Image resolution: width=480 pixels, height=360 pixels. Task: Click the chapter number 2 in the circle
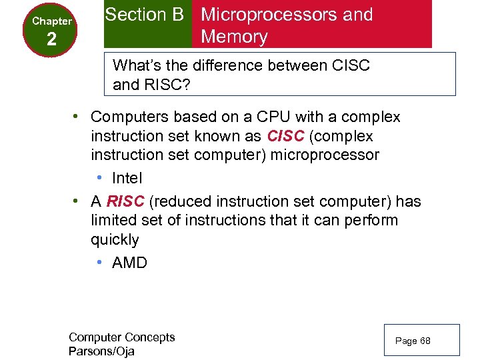tap(51, 41)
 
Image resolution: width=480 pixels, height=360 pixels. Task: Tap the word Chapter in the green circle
tap(52, 21)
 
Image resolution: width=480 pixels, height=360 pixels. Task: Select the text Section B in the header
tap(145, 15)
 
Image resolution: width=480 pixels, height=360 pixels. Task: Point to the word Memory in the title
tap(234, 37)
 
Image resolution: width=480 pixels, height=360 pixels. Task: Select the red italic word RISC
tap(125, 201)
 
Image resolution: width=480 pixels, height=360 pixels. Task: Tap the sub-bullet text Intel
tap(127, 178)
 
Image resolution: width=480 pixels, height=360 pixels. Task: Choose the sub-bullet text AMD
tap(129, 263)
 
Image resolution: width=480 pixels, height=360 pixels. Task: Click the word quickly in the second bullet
tap(115, 239)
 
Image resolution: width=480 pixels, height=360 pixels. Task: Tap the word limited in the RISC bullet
tap(114, 220)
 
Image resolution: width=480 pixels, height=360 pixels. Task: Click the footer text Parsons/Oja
tap(101, 351)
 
